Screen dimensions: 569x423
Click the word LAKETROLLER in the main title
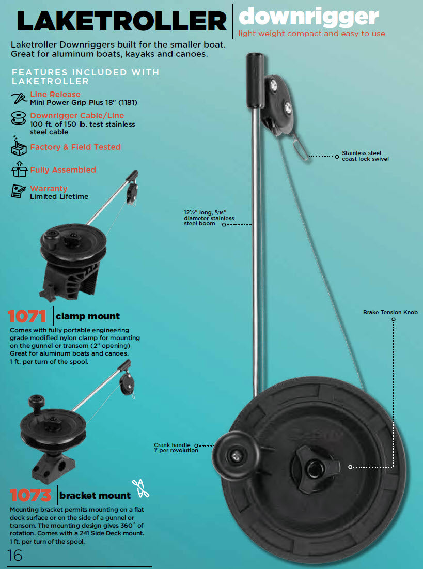122,21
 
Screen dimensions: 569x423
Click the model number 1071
27,316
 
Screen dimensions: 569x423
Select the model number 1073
30,495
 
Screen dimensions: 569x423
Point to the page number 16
14,555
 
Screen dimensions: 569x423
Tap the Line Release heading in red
55,94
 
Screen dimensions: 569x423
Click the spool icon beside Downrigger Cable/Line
19,118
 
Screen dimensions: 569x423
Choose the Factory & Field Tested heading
75,147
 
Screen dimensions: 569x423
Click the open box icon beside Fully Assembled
19,170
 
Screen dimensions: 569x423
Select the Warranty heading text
49,188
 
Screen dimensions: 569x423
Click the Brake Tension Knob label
390,312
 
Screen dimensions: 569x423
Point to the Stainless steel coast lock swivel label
365,156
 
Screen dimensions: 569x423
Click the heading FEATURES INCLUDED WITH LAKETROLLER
85,76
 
